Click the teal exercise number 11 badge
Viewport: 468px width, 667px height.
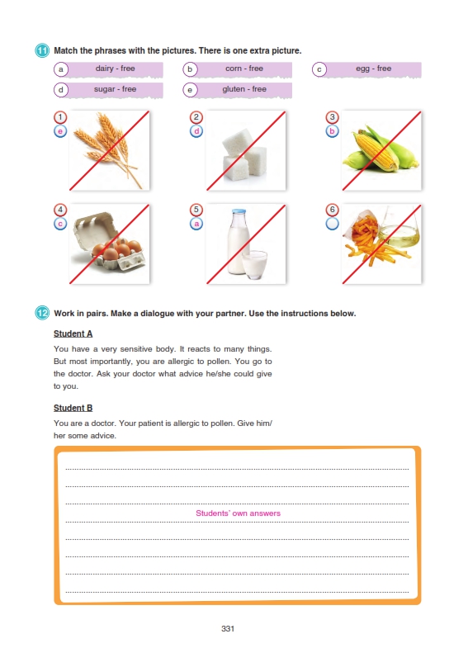tap(42, 50)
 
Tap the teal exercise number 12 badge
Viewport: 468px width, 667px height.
tap(42, 314)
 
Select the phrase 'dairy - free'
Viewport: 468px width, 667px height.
tap(115, 69)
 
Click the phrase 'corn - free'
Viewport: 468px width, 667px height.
tap(244, 69)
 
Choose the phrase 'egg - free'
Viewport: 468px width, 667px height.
tap(374, 69)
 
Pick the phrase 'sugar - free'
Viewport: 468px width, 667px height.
tap(115, 89)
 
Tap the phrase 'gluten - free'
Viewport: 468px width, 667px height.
tap(244, 89)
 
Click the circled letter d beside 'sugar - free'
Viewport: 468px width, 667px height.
tap(61, 90)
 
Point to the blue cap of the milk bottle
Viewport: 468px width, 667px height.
tap(239, 211)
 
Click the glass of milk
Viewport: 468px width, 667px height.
tap(254, 265)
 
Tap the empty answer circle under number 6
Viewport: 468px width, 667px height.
tap(333, 224)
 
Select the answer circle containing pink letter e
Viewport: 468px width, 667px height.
tap(60, 131)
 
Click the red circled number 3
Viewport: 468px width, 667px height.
tap(333, 117)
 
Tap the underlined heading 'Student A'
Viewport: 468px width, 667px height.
tap(73, 334)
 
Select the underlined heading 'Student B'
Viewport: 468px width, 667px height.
tap(73, 408)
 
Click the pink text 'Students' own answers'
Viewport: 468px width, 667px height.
tap(238, 513)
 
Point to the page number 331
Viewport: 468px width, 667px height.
tap(228, 629)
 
